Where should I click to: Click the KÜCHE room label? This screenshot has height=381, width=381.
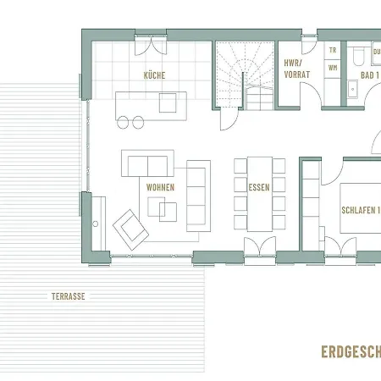click(x=154, y=75)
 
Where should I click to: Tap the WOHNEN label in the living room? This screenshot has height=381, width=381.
click(x=160, y=187)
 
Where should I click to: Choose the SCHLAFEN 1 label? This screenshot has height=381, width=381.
click(x=360, y=211)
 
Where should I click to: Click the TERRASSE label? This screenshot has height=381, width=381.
click(x=68, y=296)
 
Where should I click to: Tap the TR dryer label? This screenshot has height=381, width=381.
click(x=332, y=51)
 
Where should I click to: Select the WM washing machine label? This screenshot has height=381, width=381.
click(x=332, y=66)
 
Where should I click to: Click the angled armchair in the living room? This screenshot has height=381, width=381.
click(x=130, y=226)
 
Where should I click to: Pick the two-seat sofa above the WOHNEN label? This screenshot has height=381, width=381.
click(x=148, y=163)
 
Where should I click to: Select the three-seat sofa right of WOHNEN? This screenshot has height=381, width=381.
click(x=198, y=194)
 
